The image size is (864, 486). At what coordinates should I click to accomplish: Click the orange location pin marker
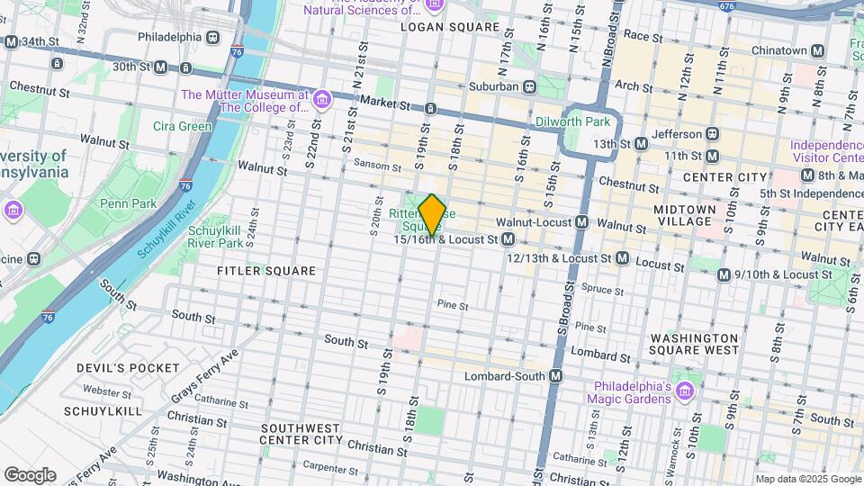tap(433, 215)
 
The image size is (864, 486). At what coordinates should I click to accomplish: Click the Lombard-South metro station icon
tap(556, 376)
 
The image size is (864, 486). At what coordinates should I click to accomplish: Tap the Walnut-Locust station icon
tap(582, 221)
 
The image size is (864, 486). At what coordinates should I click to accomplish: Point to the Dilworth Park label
tap(573, 121)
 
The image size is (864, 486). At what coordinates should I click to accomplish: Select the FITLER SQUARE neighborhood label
tap(266, 270)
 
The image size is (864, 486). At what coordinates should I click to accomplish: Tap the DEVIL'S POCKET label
tap(129, 368)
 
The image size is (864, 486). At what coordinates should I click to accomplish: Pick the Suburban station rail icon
tap(530, 87)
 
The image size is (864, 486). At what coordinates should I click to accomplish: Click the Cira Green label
tap(182, 126)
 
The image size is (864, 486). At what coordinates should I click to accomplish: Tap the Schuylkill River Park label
tap(215, 237)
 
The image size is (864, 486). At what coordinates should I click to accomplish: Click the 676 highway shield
tap(726, 6)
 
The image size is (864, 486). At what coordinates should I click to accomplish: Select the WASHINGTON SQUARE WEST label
tap(694, 344)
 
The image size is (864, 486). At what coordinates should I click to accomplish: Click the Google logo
tap(30, 474)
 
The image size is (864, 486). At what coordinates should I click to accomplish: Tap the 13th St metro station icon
tap(641, 143)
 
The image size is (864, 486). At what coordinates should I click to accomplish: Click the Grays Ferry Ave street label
tap(205, 376)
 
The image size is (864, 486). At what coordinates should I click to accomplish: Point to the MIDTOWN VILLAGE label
tap(685, 216)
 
